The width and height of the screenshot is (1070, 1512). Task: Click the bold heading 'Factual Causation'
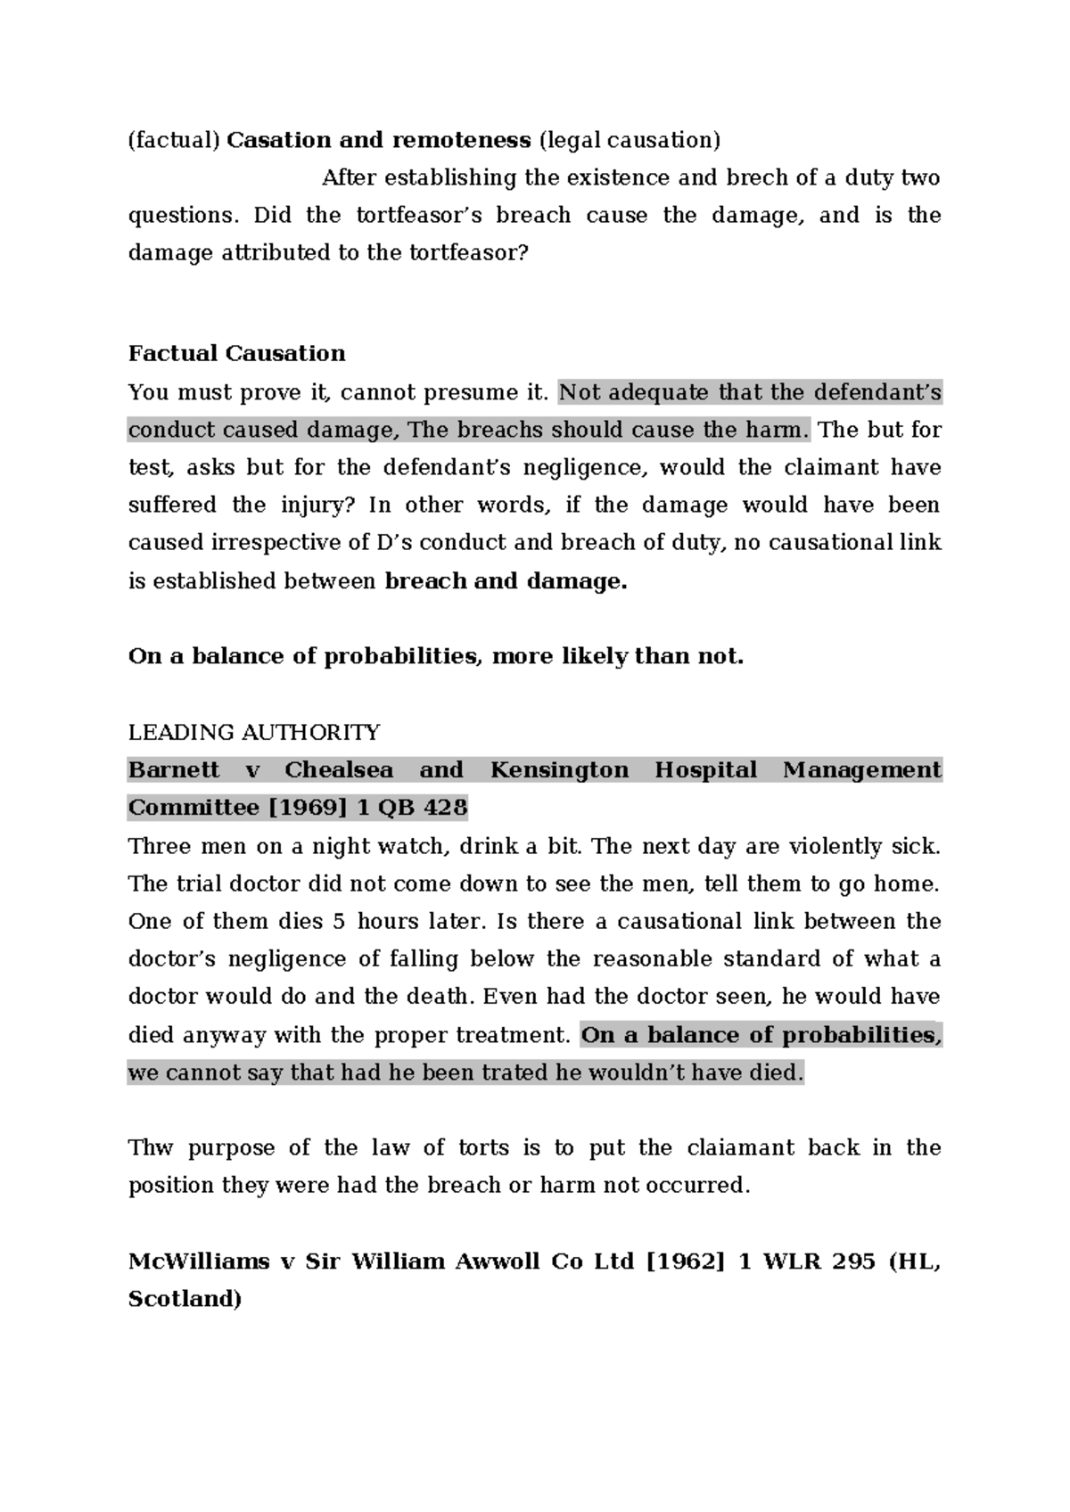click(236, 353)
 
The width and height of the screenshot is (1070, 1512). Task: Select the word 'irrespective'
click(329, 543)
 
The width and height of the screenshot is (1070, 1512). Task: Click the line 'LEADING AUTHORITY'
click(254, 732)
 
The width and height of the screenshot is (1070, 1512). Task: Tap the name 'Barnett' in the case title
click(173, 769)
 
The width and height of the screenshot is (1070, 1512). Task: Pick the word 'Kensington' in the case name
click(559, 769)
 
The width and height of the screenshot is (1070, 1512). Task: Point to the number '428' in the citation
click(445, 808)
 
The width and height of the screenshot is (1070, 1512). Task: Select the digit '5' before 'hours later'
click(338, 921)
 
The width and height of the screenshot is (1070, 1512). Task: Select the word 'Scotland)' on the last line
click(185, 1299)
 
